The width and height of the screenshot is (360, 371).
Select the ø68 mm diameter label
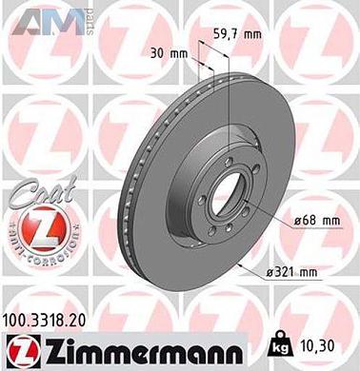(x=317, y=221)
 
